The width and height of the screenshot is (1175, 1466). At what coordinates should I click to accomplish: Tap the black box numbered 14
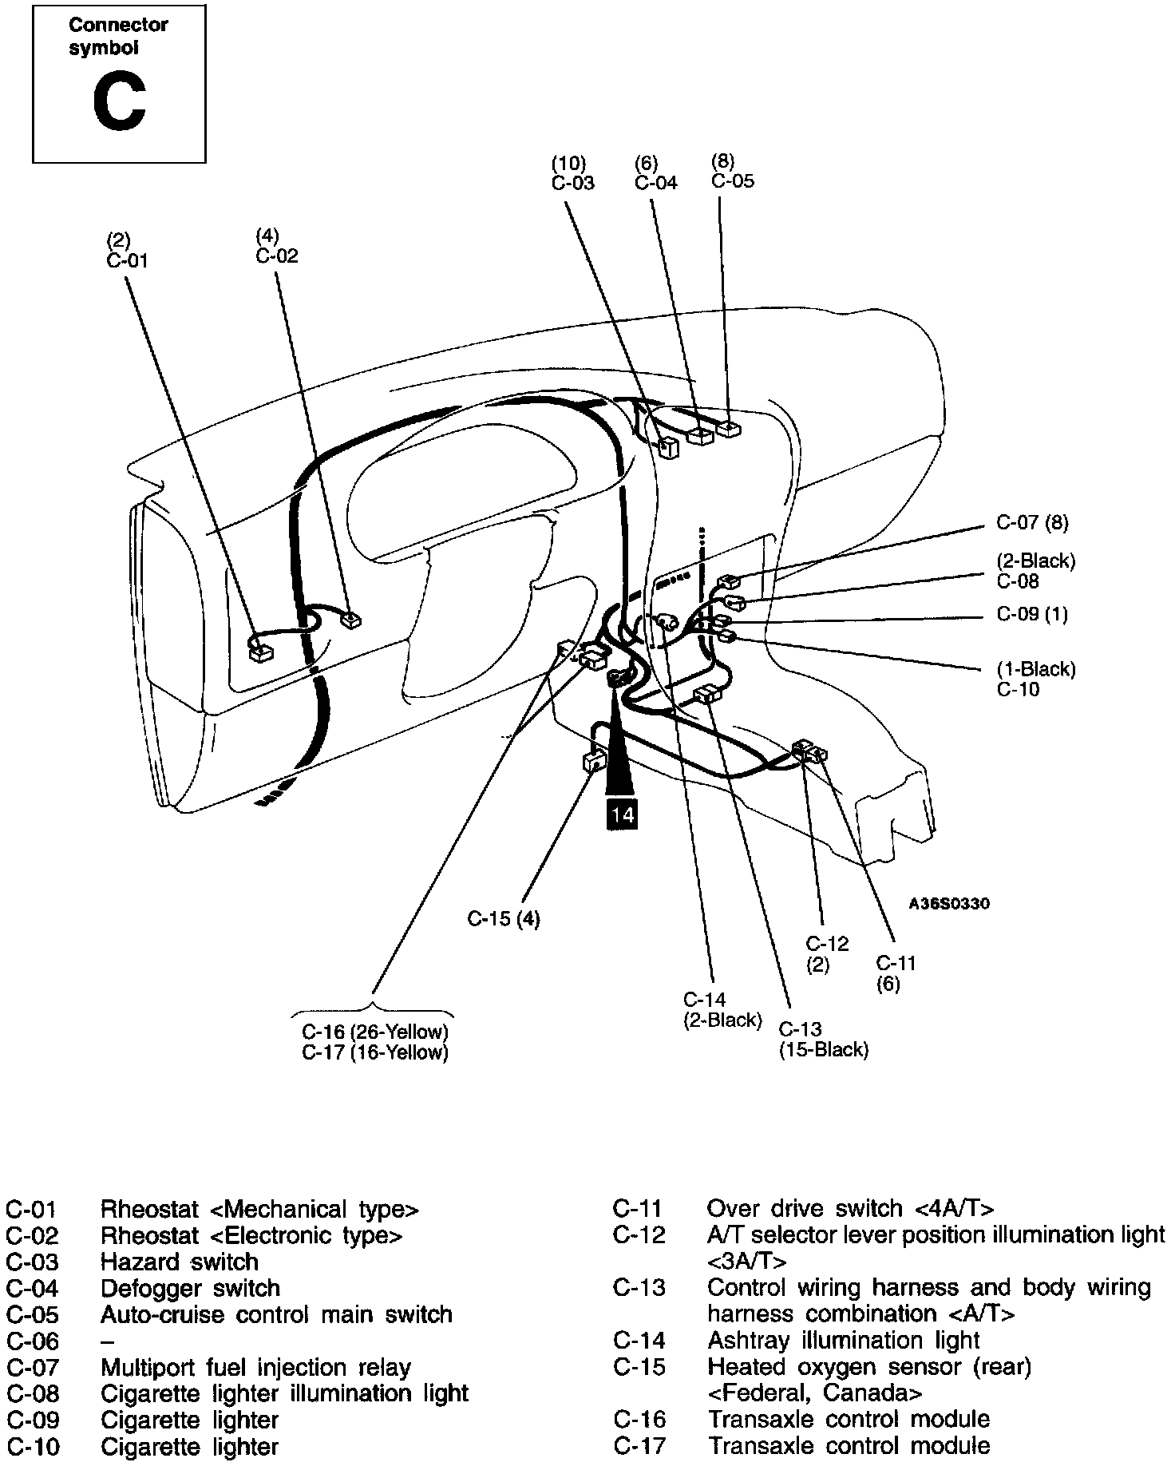coord(622,814)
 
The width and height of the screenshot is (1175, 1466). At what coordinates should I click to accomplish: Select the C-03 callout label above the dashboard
coord(573,183)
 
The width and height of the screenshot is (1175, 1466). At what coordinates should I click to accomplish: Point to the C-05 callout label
coord(732,180)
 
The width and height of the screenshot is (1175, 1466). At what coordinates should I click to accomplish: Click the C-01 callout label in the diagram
coord(127,260)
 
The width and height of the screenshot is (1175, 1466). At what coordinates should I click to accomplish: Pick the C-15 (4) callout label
coord(503,919)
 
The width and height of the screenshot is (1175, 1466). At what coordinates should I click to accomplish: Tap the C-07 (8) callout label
coord(1031,523)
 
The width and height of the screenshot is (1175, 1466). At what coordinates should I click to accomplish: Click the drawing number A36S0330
coord(949,904)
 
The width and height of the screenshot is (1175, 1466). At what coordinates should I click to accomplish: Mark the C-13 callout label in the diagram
coord(801,1028)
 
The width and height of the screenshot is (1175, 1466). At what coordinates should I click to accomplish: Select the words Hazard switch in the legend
coord(179,1262)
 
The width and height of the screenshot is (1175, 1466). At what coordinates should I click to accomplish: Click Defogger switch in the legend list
coord(190,1288)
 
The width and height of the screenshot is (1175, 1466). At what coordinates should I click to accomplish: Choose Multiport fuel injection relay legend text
coord(255,1368)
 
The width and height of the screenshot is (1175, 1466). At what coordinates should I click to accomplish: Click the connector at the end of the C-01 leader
coord(260,652)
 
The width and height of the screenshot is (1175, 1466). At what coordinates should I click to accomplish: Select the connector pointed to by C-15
coord(595,762)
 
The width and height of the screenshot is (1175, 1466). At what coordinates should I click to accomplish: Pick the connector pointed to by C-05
coord(729,429)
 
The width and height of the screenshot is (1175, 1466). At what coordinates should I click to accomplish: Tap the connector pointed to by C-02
coord(350,620)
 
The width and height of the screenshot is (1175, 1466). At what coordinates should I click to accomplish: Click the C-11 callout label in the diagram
coord(896,963)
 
